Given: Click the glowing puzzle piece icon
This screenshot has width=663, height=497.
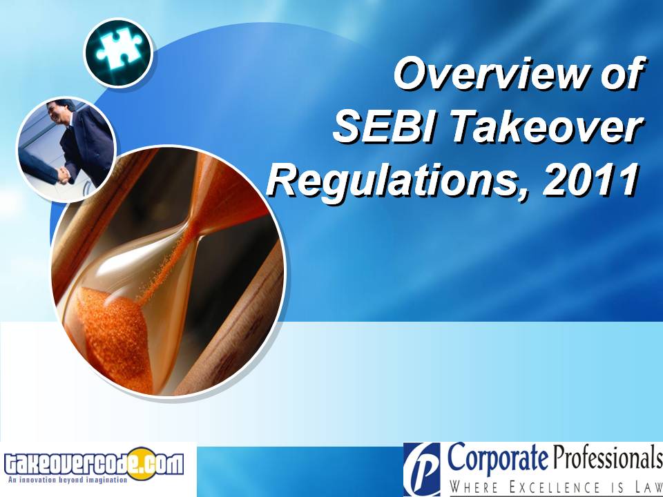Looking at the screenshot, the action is (118, 52).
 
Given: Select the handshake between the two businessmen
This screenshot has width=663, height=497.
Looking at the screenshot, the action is (63, 173).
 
